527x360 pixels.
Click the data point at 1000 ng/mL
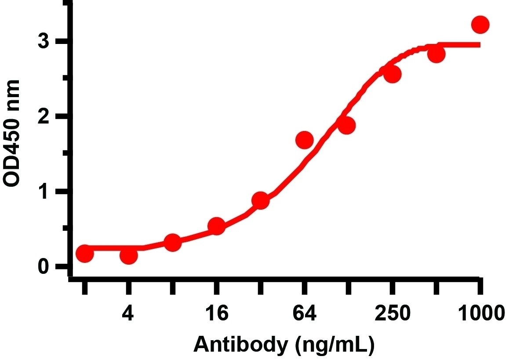(480, 25)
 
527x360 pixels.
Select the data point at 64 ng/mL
(305, 140)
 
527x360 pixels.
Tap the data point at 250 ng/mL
(392, 74)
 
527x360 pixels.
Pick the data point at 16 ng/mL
(216, 226)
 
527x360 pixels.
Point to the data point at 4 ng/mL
(128, 255)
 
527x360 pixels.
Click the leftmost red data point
(85, 253)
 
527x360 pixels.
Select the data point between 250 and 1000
(436, 54)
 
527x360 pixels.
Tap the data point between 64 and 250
(346, 125)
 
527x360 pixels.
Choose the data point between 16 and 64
(260, 201)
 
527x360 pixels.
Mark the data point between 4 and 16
(172, 242)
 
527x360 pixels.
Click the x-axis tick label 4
(128, 313)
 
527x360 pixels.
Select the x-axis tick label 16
(216, 313)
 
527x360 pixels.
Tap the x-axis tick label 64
(304, 313)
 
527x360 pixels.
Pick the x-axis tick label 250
(392, 313)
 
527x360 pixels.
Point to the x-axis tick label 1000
(481, 313)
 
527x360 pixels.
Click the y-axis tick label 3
(44, 42)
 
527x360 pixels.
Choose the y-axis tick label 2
(44, 116)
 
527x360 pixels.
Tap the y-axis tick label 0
(44, 266)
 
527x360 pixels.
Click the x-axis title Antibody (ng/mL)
(283, 345)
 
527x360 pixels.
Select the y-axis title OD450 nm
(12, 134)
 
